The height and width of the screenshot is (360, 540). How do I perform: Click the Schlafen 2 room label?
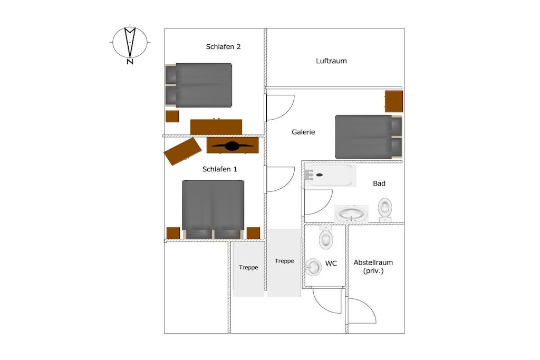pyautogui.click(x=223, y=47)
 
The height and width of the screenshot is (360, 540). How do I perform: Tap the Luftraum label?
pyautogui.click(x=331, y=61)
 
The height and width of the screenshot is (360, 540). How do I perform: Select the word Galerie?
pyautogui.click(x=303, y=132)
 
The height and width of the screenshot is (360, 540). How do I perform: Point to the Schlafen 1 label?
pyautogui.click(x=219, y=169)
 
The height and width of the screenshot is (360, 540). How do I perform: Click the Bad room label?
pyautogui.click(x=379, y=183)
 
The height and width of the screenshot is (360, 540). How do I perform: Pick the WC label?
pyautogui.click(x=331, y=264)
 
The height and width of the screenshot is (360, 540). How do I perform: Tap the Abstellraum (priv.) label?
pyautogui.click(x=373, y=266)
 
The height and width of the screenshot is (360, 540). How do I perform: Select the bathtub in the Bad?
pyautogui.click(x=330, y=175)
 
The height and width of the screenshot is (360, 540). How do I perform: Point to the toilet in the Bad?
pyautogui.click(x=384, y=210)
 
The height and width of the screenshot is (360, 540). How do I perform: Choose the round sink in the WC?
pyautogui.click(x=313, y=267)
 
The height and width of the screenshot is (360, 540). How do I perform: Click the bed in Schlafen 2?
pyautogui.click(x=198, y=85)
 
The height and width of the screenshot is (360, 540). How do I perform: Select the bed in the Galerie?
pyautogui.click(x=369, y=137)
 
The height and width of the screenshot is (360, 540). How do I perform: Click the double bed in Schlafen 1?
pyautogui.click(x=213, y=209)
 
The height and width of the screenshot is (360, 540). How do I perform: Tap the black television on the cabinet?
pyautogui.click(x=233, y=146)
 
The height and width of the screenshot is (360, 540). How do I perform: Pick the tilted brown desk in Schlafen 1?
pyautogui.click(x=182, y=151)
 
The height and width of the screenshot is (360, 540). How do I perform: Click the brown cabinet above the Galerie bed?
pyautogui.click(x=394, y=101)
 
